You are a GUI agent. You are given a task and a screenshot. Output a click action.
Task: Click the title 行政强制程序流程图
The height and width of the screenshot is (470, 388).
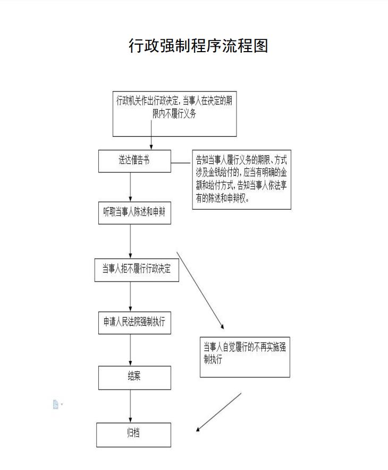pos(198,46)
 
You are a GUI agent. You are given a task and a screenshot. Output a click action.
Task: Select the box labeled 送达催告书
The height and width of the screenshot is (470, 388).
pos(134,161)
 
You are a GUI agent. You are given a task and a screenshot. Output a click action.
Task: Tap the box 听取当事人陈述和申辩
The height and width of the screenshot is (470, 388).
pos(134,213)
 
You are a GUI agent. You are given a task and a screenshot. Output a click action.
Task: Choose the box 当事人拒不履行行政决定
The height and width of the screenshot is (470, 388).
pos(137,270)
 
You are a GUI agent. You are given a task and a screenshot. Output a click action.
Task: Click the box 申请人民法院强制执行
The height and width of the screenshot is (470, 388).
pos(134,323)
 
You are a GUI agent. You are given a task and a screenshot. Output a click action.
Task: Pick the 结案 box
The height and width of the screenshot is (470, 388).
pos(134,378)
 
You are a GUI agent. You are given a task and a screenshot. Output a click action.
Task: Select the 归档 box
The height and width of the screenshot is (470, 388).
pos(134,435)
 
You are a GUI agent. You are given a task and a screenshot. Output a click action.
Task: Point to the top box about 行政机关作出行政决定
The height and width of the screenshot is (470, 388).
pos(174,114)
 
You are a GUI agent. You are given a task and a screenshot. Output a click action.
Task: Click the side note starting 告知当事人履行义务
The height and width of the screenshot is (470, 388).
pos(242,179)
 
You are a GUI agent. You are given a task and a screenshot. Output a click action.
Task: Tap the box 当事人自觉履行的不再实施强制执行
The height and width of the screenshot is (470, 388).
pos(245,357)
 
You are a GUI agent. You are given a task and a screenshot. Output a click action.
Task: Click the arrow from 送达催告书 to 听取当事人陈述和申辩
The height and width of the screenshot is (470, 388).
pos(130,187)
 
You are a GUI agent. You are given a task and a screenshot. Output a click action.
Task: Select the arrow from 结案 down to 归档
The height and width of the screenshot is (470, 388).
pos(130,406)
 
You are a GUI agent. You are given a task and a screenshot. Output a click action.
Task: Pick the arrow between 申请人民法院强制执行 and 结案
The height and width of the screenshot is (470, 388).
pos(130,350)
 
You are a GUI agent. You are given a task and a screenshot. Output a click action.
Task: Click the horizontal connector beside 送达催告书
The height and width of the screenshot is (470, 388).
pos(181,163)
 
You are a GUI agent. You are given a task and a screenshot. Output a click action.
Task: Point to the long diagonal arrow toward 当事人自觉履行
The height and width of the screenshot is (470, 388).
pos(200,291)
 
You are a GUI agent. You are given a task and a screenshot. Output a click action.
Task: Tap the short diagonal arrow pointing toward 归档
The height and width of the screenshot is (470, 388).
pos(218,412)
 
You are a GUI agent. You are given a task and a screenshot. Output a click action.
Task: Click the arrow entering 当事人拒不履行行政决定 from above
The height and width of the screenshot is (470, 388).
pos(130,242)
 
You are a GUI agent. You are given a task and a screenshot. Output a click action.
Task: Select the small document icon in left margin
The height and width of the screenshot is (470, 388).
pos(56,405)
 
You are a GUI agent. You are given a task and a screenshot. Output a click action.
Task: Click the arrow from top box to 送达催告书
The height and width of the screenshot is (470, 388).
pos(151,135)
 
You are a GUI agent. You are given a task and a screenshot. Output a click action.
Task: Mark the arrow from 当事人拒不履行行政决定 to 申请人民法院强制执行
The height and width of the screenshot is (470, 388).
pos(130,296)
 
